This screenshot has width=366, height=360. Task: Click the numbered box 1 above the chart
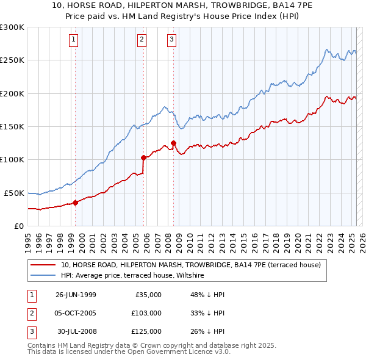click(x=74, y=40)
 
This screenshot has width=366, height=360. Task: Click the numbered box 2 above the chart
click(x=142, y=40)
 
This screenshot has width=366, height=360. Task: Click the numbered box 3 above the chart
click(x=171, y=40)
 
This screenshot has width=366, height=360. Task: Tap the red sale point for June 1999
click(x=76, y=203)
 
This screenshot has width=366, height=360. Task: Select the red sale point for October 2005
click(x=144, y=157)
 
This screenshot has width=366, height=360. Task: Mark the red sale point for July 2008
click(x=174, y=143)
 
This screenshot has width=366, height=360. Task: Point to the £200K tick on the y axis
click(x=12, y=93)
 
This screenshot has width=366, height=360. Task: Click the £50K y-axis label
click(x=14, y=193)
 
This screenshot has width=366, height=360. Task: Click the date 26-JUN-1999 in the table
click(x=76, y=294)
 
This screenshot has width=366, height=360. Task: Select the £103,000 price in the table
click(x=147, y=313)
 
